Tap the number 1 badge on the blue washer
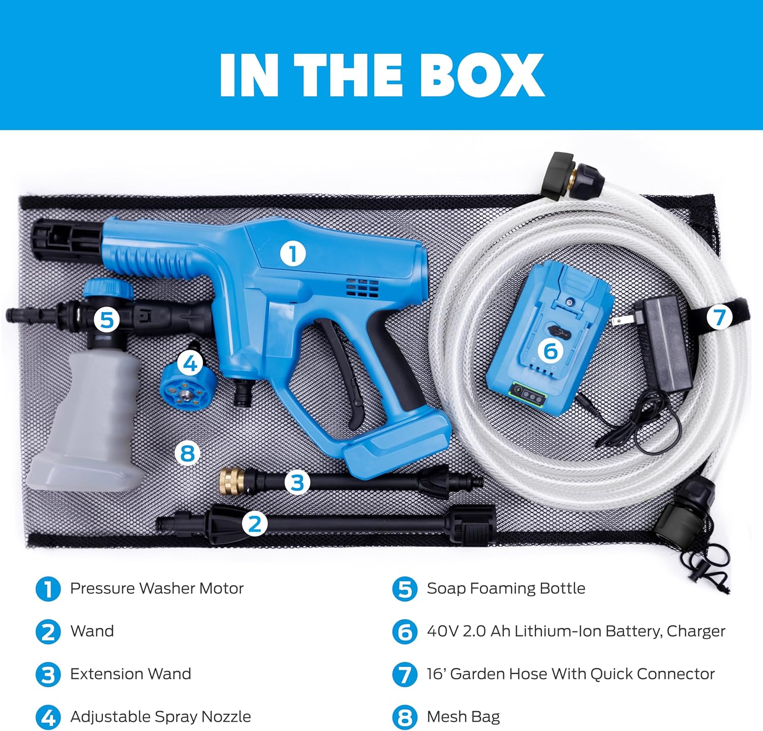coord(293,254)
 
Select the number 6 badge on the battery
coord(551,351)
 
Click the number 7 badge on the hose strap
coord(719,317)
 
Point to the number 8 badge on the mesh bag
coord(188,452)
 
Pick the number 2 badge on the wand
coord(255,523)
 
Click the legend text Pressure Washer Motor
coord(157,588)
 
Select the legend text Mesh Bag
coord(463,717)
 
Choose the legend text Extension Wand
coord(131,674)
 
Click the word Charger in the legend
coord(696,631)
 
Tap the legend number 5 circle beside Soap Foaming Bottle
coord(405,589)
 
